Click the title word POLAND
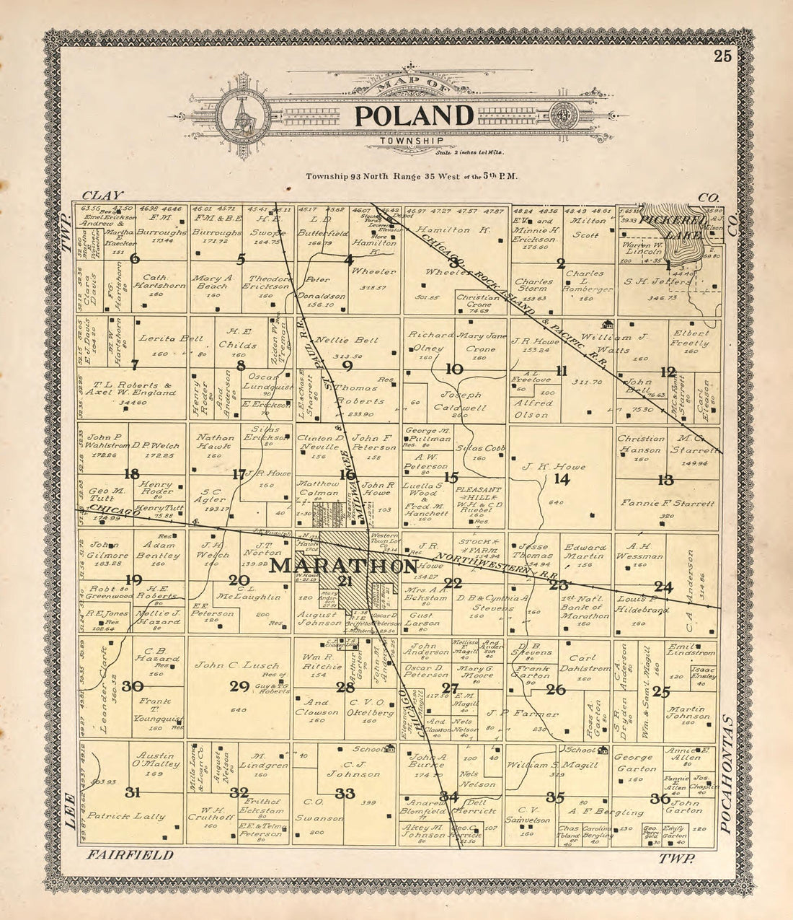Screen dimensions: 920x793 (x=413, y=115)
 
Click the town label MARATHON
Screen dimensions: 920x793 (x=345, y=566)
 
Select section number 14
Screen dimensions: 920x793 (x=562, y=479)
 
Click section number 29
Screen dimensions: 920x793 (x=239, y=686)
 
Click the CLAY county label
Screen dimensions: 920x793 (x=103, y=196)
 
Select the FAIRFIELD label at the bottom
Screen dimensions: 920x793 (x=130, y=855)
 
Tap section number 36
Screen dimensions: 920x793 (x=660, y=798)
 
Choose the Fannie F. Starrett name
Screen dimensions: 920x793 (x=666, y=503)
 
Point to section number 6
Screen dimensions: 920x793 (x=134, y=259)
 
